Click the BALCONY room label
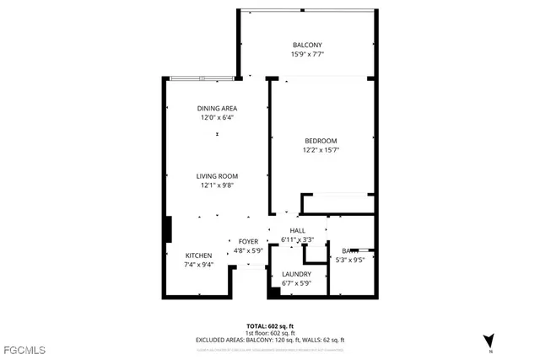[x=307, y=45]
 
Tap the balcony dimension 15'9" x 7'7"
[x=307, y=54]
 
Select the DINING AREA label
[x=217, y=109]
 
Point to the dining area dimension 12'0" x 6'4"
[x=217, y=118]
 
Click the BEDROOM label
[x=320, y=141]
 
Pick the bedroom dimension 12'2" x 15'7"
[x=320, y=150]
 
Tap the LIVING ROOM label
[x=217, y=176]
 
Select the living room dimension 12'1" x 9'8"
[x=217, y=185]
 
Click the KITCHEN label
[x=199, y=255]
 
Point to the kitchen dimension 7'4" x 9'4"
[x=199, y=265]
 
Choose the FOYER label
[x=248, y=241]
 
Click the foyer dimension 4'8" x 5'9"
[x=248, y=250]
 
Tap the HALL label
[x=297, y=230]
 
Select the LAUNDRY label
[x=296, y=274]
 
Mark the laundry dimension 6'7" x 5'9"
[x=296, y=283]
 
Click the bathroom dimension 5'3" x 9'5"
[x=349, y=260]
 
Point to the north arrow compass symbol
[x=489, y=340]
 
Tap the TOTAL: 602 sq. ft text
[x=270, y=325]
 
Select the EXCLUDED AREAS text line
[x=270, y=339]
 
